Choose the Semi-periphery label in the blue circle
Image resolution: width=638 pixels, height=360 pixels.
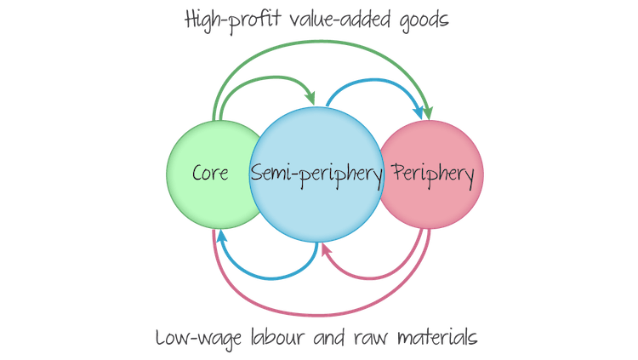(x=316, y=174)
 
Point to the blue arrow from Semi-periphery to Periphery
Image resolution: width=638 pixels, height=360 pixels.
(x=374, y=81)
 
